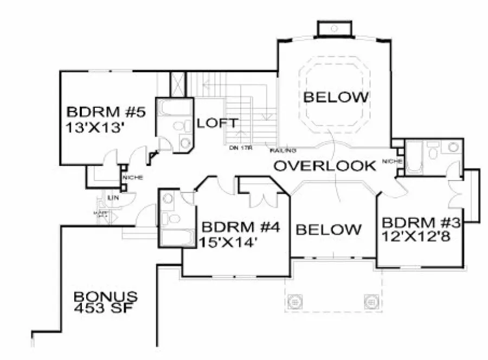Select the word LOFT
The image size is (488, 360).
click(217, 123)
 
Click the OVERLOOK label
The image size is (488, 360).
click(324, 166)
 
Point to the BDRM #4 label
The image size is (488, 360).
click(240, 227)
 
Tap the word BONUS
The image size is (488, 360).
click(106, 297)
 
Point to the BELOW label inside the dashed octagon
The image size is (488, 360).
click(336, 98)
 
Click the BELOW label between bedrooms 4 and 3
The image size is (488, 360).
click(329, 229)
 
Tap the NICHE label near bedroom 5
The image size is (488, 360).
click(132, 178)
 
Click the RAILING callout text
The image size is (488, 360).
click(282, 150)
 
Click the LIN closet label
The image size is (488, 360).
click(115, 198)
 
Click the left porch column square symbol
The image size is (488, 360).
click(295, 300)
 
